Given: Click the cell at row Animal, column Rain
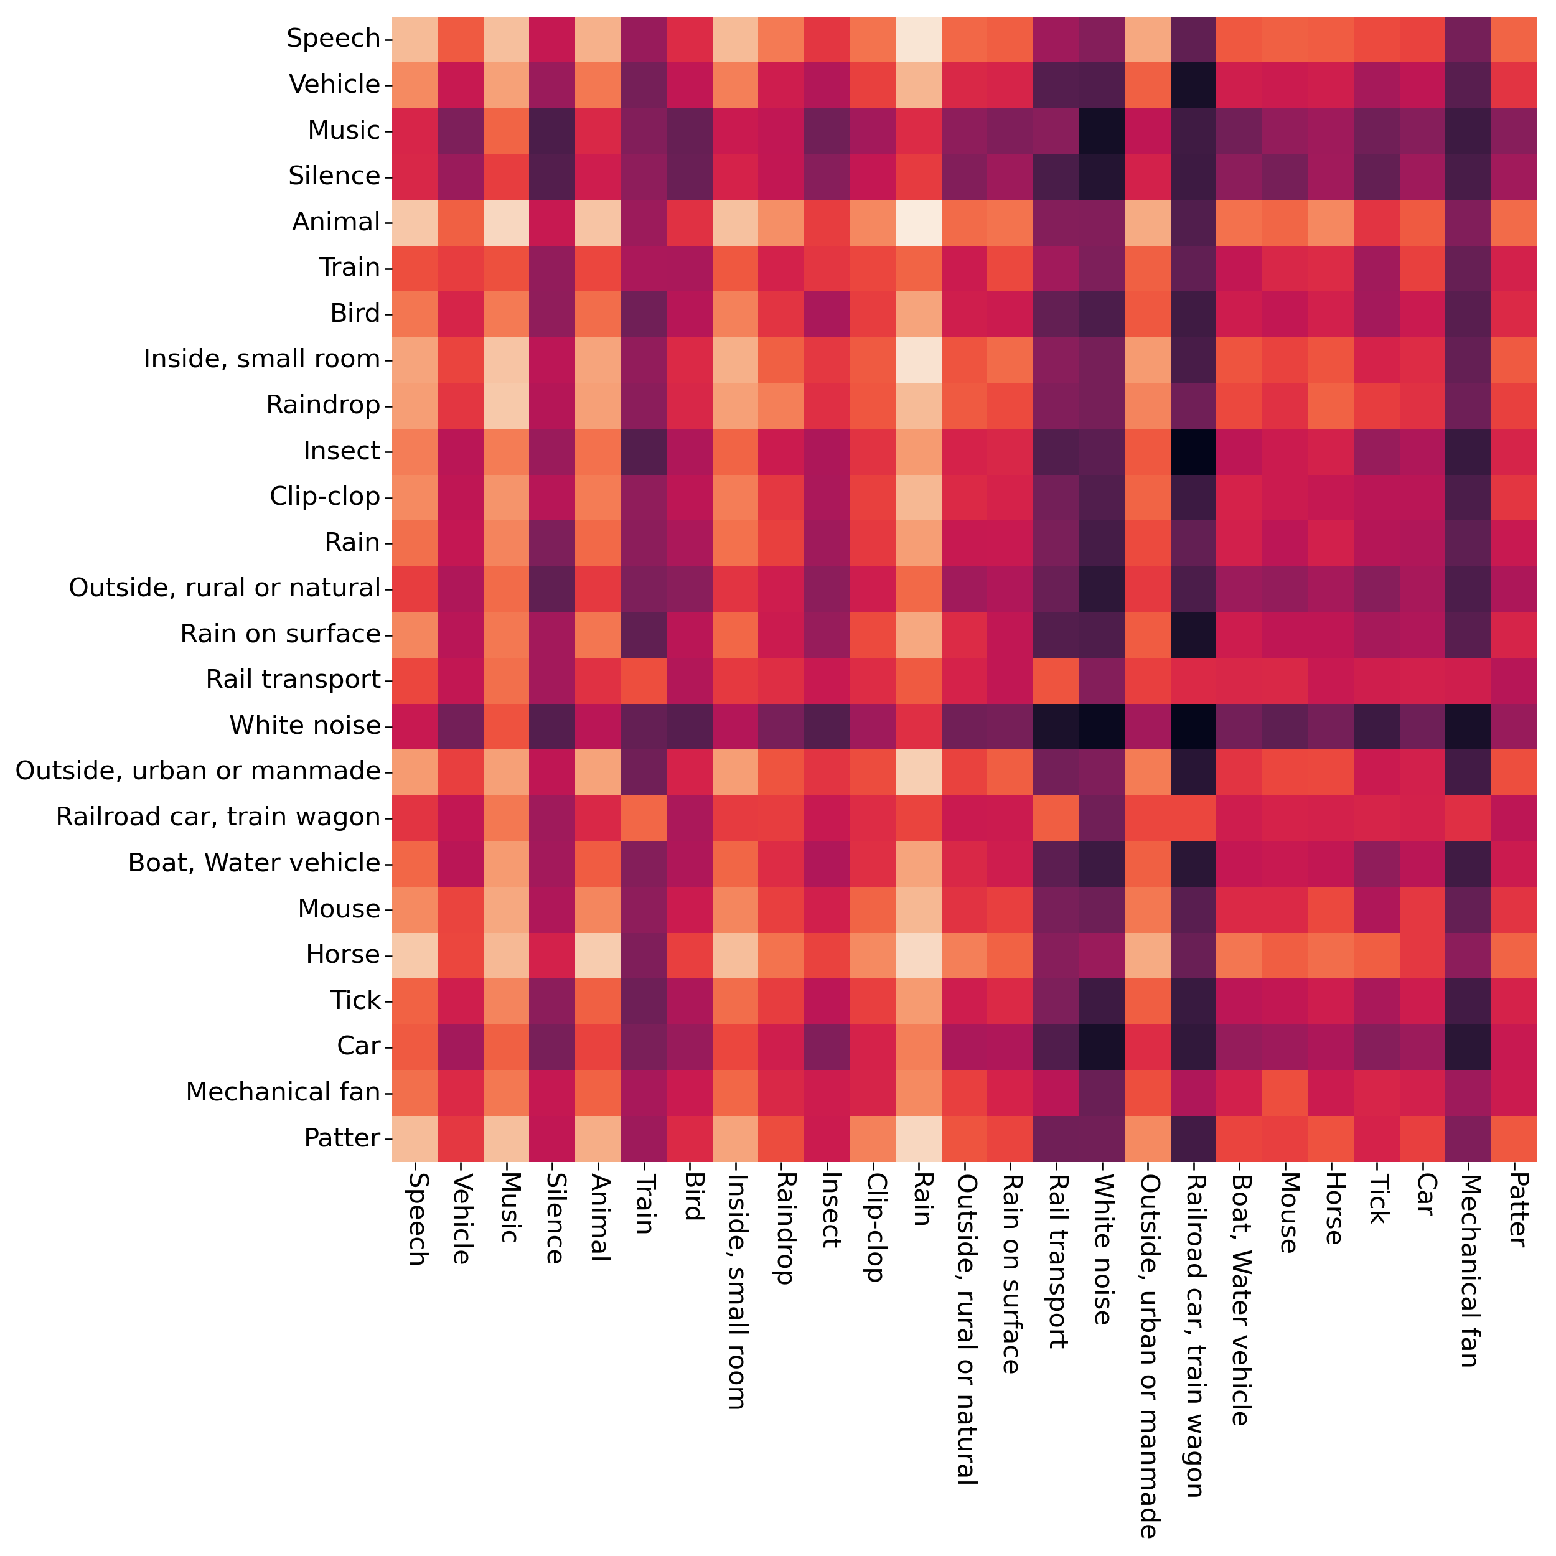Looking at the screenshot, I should (x=919, y=222).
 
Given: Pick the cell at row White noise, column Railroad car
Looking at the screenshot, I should (x=1194, y=726).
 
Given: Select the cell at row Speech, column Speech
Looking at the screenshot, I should (x=415, y=39).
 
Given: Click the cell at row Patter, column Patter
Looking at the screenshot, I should (x=1515, y=1138).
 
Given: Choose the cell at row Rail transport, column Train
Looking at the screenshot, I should (x=644, y=680).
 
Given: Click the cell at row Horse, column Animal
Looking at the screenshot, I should (x=598, y=954).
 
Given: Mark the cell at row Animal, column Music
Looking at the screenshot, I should (x=507, y=222).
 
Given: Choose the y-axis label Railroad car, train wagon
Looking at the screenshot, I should (x=217, y=817).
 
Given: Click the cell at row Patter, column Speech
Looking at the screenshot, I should (x=415, y=1138).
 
